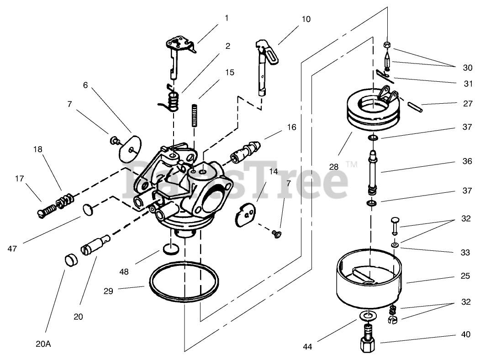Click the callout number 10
(x=306, y=19)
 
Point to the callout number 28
(x=334, y=167)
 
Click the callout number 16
(x=292, y=127)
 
